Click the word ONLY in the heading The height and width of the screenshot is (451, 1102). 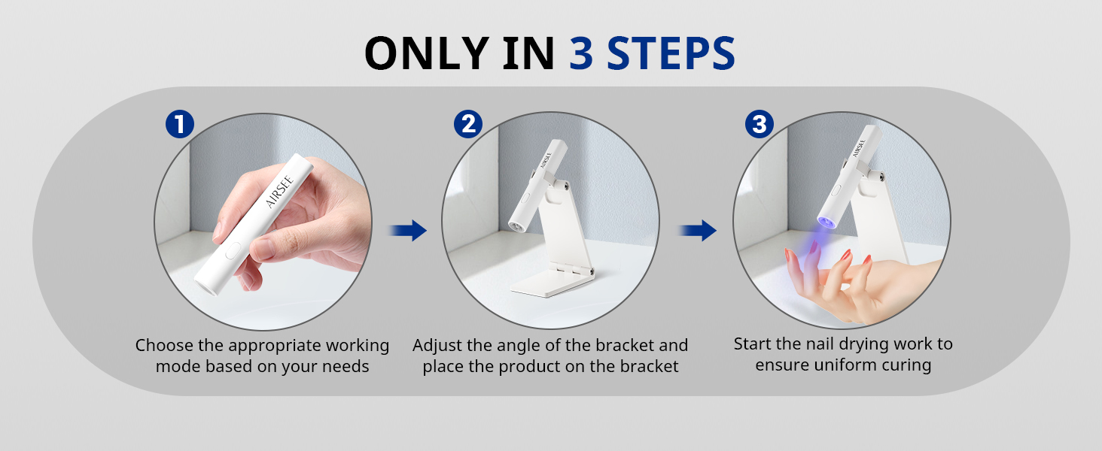[x=427, y=53]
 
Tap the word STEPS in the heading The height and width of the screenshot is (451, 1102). [x=671, y=53]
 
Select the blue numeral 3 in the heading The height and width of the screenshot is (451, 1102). [x=581, y=53]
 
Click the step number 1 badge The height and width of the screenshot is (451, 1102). [x=180, y=124]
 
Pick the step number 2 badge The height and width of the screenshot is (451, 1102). [x=468, y=124]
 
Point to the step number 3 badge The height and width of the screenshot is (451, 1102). [x=759, y=124]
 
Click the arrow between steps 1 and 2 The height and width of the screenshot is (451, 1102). [x=407, y=231]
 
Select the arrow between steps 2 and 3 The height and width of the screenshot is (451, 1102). [x=697, y=231]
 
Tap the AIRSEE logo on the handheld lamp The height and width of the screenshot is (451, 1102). [x=279, y=192]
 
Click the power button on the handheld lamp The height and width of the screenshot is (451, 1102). [x=232, y=251]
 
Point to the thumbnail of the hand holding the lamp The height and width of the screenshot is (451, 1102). [x=263, y=222]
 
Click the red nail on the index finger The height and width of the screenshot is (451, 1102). [x=845, y=255]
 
